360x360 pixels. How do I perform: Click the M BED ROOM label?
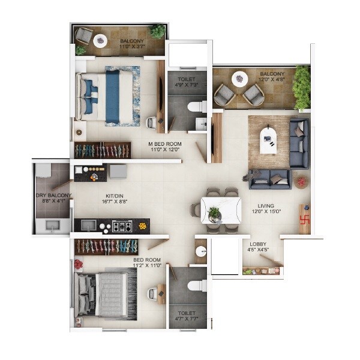165,145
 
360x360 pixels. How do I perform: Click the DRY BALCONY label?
53,196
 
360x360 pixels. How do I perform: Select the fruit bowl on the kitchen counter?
142,226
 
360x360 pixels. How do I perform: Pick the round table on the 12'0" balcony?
240,78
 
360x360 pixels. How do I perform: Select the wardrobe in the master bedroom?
102,150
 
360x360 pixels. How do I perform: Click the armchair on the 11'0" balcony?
83,38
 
